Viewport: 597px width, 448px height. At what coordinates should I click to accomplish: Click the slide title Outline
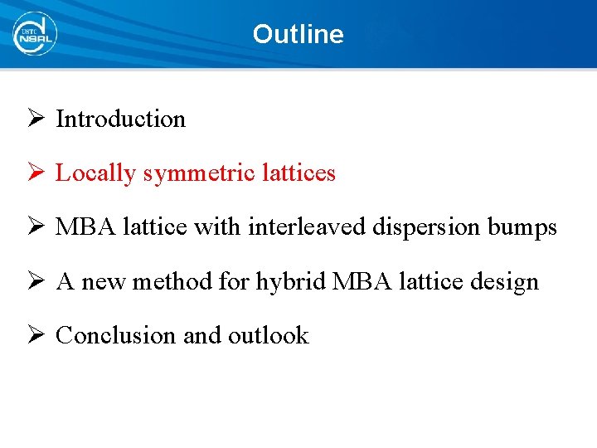click(x=298, y=34)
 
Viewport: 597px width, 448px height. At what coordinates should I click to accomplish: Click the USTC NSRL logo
click(x=34, y=34)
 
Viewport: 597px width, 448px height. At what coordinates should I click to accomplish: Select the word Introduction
click(x=120, y=119)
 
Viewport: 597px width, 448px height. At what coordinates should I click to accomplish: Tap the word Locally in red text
click(x=95, y=173)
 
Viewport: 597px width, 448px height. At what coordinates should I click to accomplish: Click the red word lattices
click(x=299, y=173)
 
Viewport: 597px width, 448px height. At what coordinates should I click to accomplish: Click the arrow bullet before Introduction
click(x=35, y=119)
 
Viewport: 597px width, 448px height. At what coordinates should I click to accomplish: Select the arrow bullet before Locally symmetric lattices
click(x=35, y=173)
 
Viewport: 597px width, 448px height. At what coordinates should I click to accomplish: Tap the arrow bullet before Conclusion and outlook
click(x=35, y=335)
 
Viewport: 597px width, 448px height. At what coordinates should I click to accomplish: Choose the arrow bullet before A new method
click(x=35, y=281)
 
